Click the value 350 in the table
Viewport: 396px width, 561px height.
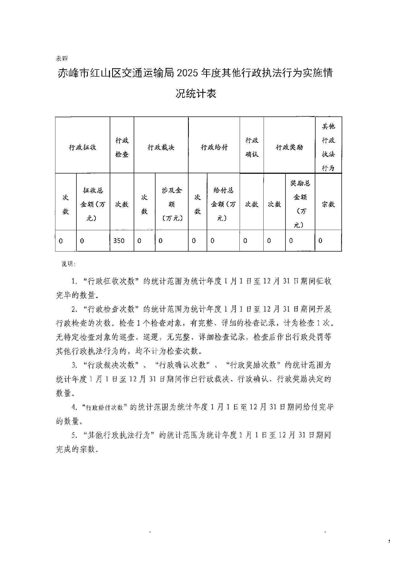coord(119,241)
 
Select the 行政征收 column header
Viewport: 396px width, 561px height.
coord(83,147)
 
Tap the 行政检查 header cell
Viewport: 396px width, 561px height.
coord(122,147)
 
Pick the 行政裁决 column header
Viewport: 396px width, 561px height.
coord(161,147)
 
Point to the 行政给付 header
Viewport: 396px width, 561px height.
coord(214,147)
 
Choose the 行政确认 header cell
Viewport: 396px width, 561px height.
coord(252,147)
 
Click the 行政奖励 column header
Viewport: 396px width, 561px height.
coord(289,147)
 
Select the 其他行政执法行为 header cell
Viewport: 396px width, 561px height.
coord(328,147)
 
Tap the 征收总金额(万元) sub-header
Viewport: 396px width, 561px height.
coord(93,204)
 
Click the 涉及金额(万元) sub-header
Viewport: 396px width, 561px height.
coord(172,204)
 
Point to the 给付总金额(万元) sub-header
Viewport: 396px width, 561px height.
coord(223,204)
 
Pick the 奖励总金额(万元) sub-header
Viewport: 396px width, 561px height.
coord(300,204)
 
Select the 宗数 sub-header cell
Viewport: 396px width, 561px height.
coord(328,204)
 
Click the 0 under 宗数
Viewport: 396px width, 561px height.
coord(320,241)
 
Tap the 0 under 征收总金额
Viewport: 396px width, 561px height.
coord(82,241)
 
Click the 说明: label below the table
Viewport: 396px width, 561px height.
coord(68,264)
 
